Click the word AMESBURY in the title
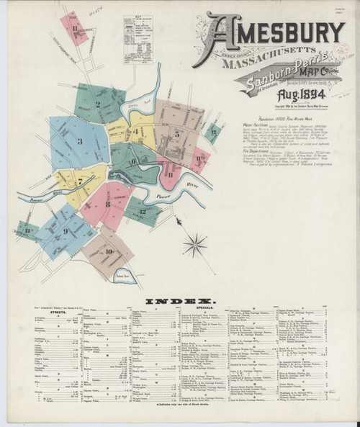(x=274, y=32)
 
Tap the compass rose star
(x=196, y=243)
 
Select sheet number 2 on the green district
(x=97, y=104)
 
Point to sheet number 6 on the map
(x=134, y=161)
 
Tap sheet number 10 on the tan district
(x=109, y=251)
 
